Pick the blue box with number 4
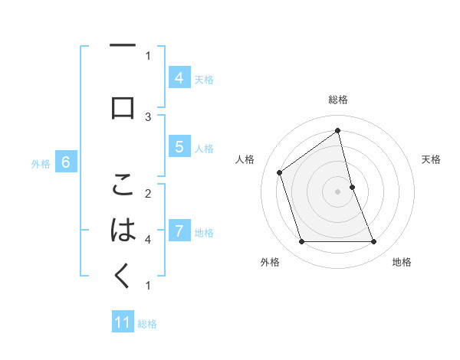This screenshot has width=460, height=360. coord(179,77)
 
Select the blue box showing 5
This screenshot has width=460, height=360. coord(179,147)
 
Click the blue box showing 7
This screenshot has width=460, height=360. coord(179,231)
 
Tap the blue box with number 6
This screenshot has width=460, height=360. coord(66,162)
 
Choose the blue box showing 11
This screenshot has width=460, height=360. coord(123,322)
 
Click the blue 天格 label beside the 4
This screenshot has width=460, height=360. coord(204,79)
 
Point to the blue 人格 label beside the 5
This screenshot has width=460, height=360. coord(204,148)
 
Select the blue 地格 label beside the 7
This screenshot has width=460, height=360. coord(204,232)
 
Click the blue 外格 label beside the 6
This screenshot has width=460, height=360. coord(41,163)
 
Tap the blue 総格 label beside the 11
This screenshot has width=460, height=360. coord(148,323)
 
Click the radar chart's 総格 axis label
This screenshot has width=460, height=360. coord(337,100)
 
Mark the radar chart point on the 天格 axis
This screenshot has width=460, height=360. coord(352,186)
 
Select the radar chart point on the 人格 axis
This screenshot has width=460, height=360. coord(280,172)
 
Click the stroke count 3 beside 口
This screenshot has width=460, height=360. coord(148,116)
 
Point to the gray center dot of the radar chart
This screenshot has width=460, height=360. coord(337,191)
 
